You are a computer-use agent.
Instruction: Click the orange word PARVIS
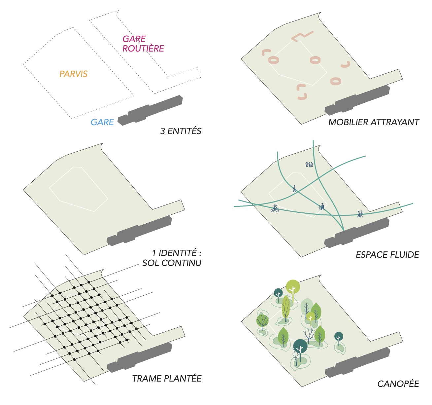coord(73,74)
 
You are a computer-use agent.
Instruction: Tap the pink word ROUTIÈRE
coord(143,49)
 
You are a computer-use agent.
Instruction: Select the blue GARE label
coord(102,122)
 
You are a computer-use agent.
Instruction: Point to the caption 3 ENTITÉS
coord(181,131)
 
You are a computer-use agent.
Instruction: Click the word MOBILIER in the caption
coord(348,122)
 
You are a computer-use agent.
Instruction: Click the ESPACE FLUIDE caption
coord(387,255)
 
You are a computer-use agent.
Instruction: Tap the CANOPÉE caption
coord(398,384)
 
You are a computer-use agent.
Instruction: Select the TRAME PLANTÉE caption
coord(167,379)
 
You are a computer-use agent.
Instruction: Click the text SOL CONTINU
coord(172,263)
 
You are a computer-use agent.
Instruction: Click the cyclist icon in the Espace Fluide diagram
coord(275,208)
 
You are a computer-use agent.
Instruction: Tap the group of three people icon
coord(309,164)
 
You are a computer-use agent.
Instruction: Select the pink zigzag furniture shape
coord(302,36)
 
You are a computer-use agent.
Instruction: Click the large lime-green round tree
coord(293,287)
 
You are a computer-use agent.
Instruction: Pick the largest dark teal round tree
coord(300,346)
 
